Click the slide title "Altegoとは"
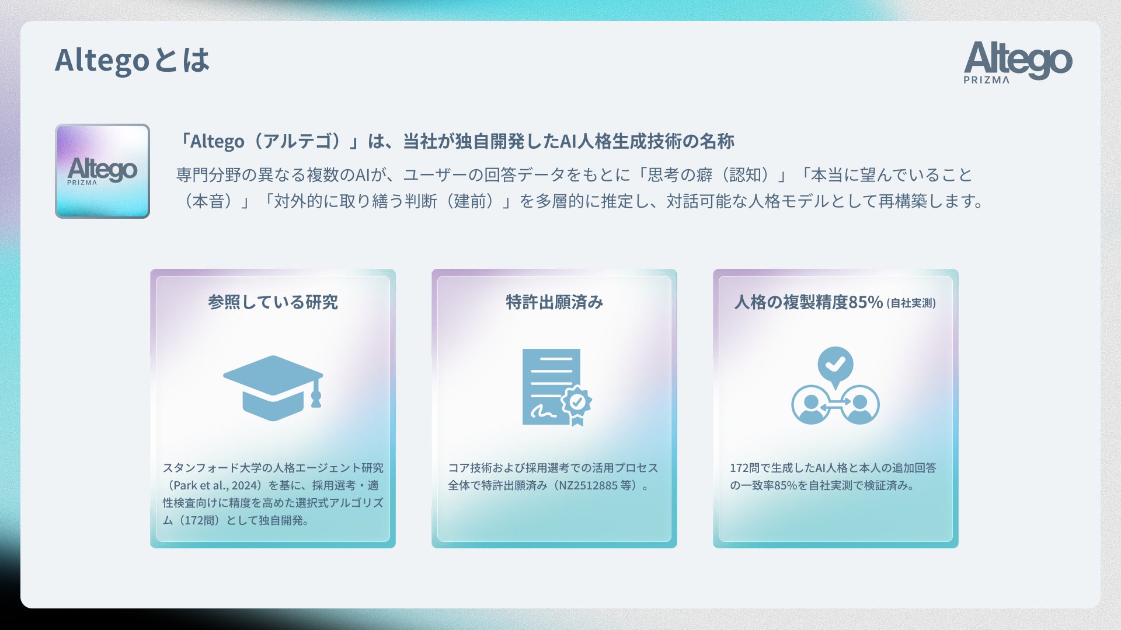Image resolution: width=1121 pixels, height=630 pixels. [x=132, y=60]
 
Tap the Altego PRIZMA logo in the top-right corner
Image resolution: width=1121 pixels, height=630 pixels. [x=1018, y=62]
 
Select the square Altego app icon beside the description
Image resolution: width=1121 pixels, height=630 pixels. [x=102, y=171]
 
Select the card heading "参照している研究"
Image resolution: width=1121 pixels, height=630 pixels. [x=273, y=302]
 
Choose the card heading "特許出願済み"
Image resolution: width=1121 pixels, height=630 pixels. [x=554, y=302]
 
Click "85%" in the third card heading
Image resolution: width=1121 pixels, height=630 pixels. [x=865, y=302]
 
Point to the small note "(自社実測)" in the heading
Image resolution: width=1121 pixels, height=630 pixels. [x=911, y=303]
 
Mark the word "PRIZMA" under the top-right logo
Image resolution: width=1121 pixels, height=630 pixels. [x=987, y=80]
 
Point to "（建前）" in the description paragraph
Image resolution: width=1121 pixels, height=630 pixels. [x=478, y=201]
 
